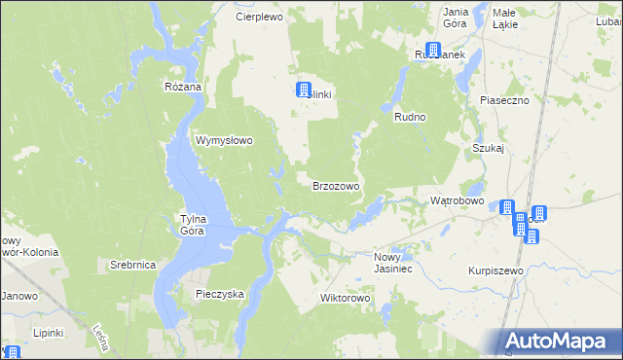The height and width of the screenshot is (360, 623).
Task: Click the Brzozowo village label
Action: (x=337, y=186)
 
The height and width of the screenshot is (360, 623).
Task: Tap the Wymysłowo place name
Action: (x=225, y=140)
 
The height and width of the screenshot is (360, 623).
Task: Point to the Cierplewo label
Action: (x=259, y=18)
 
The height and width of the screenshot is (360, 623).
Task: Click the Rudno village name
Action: (x=411, y=117)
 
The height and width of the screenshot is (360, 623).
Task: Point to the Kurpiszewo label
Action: (x=495, y=270)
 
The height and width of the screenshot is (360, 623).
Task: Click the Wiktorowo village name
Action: (x=347, y=298)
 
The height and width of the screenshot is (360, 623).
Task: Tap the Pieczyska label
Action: (x=219, y=293)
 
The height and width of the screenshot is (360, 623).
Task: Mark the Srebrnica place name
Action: (x=133, y=265)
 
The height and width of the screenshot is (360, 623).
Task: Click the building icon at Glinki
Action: (x=303, y=90)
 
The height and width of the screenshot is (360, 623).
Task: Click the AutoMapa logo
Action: (x=560, y=342)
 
